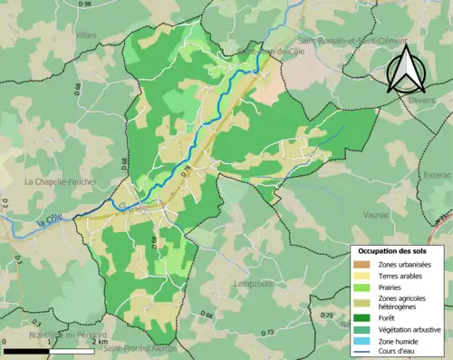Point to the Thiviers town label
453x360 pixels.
tap(422, 102)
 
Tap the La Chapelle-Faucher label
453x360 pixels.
tap(53, 180)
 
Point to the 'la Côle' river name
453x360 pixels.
tap(52, 219)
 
